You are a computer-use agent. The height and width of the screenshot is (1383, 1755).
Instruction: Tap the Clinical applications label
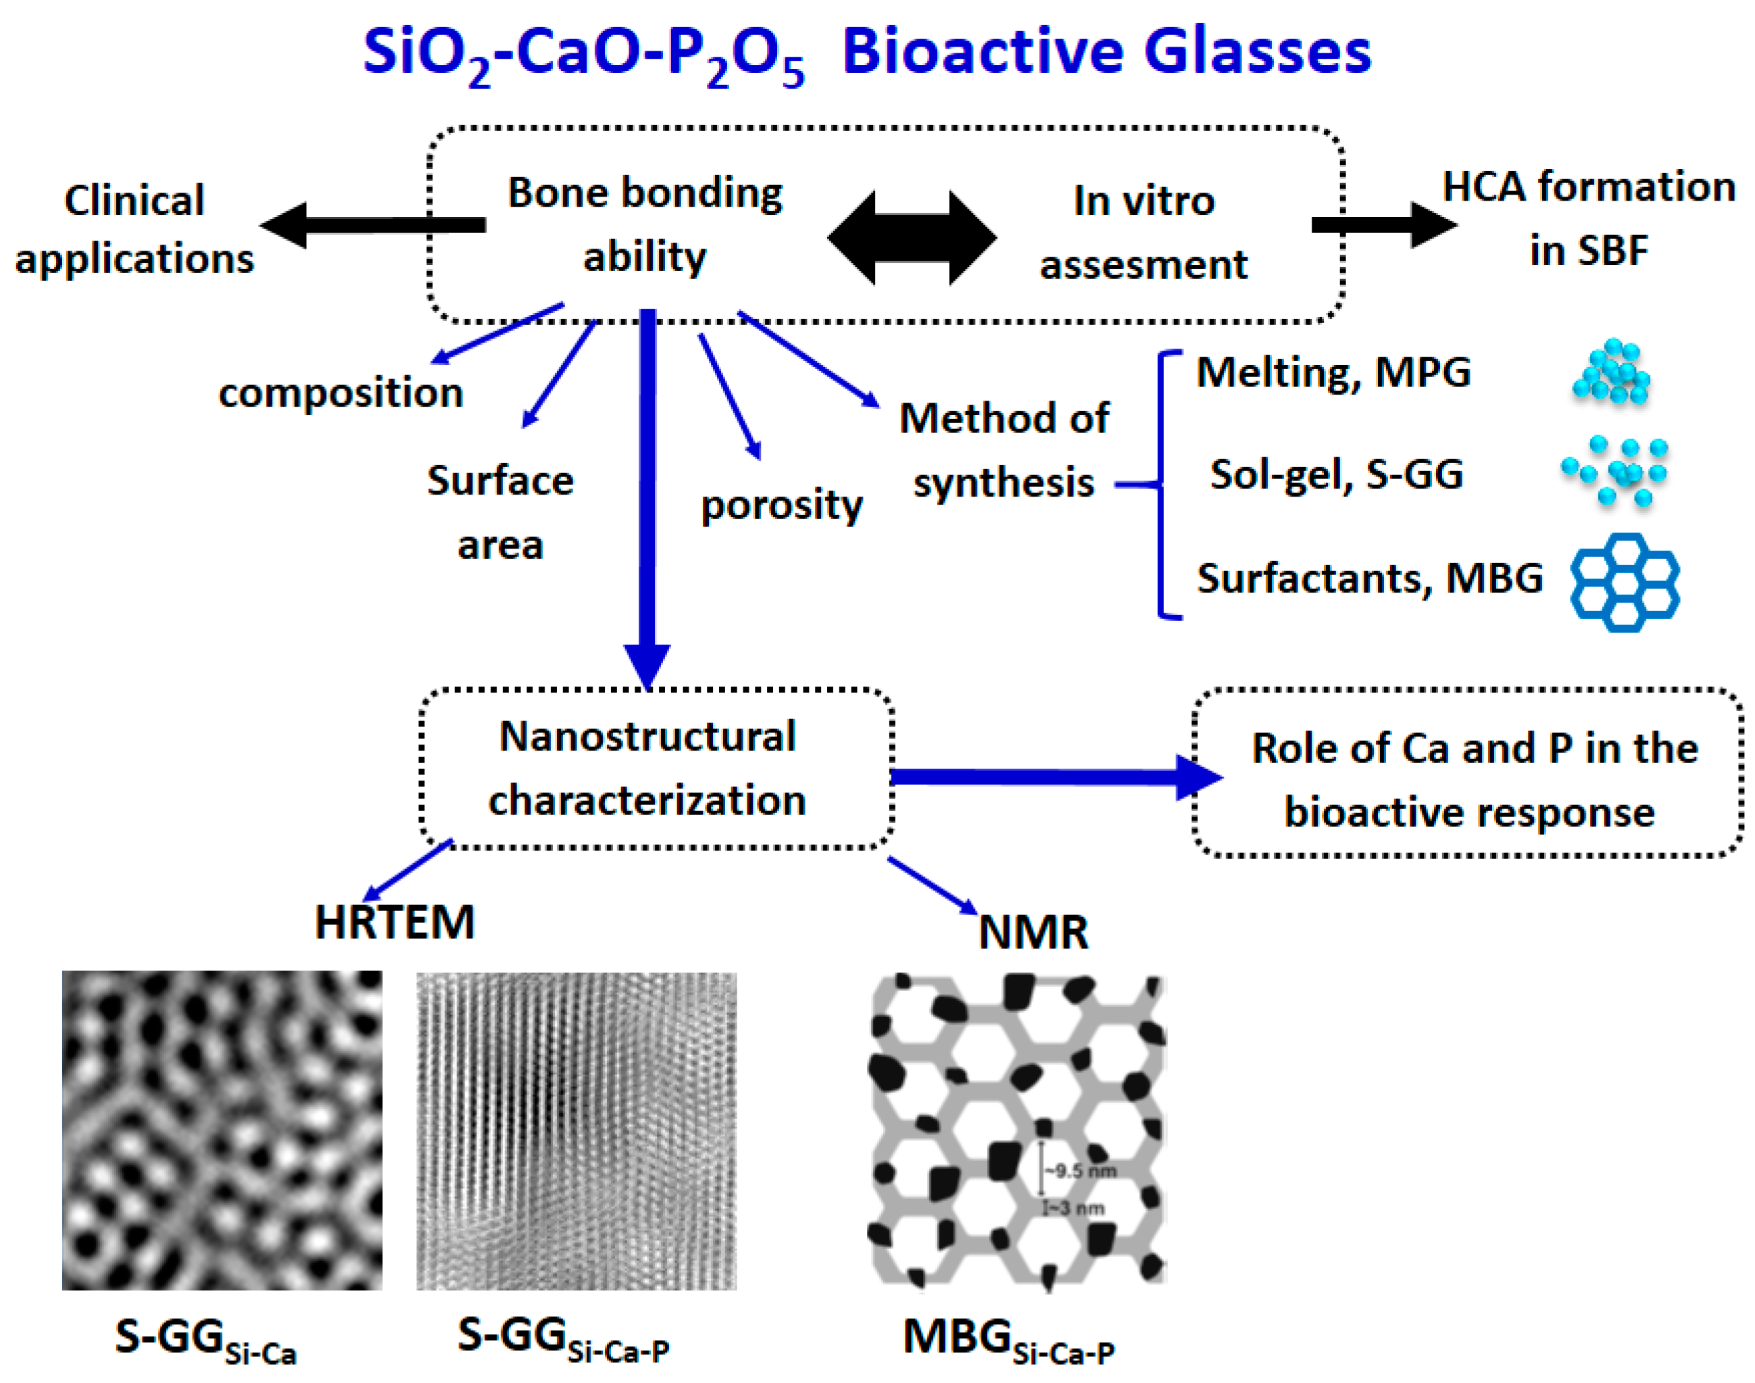pyautogui.click(x=134, y=229)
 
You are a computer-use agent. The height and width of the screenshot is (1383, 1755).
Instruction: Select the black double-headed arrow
pyautogui.click(x=912, y=238)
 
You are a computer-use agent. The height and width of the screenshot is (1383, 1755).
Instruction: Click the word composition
pyautogui.click(x=341, y=393)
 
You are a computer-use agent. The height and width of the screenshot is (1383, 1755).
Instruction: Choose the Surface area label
pyautogui.click(x=501, y=511)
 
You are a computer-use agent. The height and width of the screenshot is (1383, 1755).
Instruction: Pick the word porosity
pyautogui.click(x=781, y=505)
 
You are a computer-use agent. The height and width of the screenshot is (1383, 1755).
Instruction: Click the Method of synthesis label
pyautogui.click(x=1004, y=450)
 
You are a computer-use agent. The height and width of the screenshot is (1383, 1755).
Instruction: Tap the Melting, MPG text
pyautogui.click(x=1333, y=373)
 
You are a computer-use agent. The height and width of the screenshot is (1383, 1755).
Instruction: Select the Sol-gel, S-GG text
pyautogui.click(x=1336, y=474)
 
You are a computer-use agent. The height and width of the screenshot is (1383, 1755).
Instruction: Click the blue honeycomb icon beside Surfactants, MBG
pyautogui.click(x=1624, y=582)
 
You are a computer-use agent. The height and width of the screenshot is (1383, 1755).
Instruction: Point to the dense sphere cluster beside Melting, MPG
pyautogui.click(x=1612, y=372)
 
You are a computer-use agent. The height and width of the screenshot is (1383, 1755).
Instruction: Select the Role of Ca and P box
pyautogui.click(x=1468, y=774)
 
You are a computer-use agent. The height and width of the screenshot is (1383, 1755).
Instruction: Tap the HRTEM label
pyautogui.click(x=395, y=922)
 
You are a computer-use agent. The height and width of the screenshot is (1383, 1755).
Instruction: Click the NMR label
pyautogui.click(x=1033, y=932)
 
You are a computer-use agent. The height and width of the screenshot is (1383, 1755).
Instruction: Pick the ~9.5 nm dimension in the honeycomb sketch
pyautogui.click(x=1081, y=1171)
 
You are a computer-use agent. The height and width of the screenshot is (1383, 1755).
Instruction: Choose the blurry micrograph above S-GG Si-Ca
pyautogui.click(x=222, y=1130)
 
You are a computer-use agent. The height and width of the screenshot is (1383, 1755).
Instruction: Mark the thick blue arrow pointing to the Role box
pyautogui.click(x=1053, y=778)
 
